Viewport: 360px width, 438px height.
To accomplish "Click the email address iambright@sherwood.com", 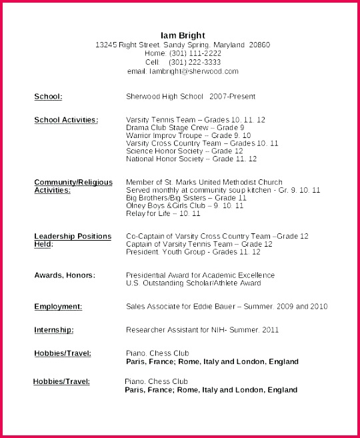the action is [x=194, y=71].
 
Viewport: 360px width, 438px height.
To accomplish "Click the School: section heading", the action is [x=48, y=97].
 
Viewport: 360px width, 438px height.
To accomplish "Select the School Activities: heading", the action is [x=66, y=120].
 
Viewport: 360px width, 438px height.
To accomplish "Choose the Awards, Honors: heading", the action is [x=65, y=275].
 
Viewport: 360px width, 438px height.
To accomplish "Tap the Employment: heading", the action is [x=58, y=307].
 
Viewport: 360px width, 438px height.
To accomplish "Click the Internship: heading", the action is [x=53, y=330].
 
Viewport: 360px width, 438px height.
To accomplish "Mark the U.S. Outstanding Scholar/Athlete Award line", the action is [x=193, y=283].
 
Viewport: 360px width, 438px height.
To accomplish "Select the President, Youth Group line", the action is [x=193, y=252].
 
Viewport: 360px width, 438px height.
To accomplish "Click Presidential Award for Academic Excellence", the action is [x=200, y=275].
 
